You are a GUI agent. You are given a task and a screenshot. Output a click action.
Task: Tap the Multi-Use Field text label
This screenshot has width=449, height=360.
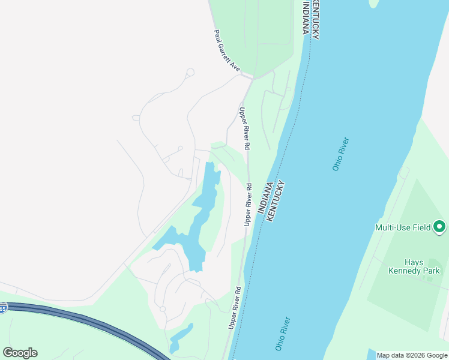[403, 227]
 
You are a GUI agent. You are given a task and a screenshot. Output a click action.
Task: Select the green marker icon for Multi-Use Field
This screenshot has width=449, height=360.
[439, 227]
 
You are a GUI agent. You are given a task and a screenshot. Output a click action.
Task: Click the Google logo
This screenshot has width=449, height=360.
[20, 353]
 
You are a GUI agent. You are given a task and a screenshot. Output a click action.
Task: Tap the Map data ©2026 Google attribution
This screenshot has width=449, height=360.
[412, 355]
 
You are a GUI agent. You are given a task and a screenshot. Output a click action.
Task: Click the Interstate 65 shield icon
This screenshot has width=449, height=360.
[2, 308]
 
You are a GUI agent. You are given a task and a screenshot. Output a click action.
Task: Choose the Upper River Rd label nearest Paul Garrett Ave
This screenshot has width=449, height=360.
[244, 128]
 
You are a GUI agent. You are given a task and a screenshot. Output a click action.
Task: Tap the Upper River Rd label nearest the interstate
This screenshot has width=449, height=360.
[234, 307]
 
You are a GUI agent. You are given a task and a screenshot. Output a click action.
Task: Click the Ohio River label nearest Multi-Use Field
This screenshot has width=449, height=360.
[341, 154]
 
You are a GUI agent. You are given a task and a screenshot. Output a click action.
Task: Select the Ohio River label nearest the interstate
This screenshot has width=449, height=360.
[282, 334]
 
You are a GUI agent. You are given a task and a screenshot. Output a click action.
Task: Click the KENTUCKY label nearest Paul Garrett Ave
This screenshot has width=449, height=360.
[315, 19]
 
